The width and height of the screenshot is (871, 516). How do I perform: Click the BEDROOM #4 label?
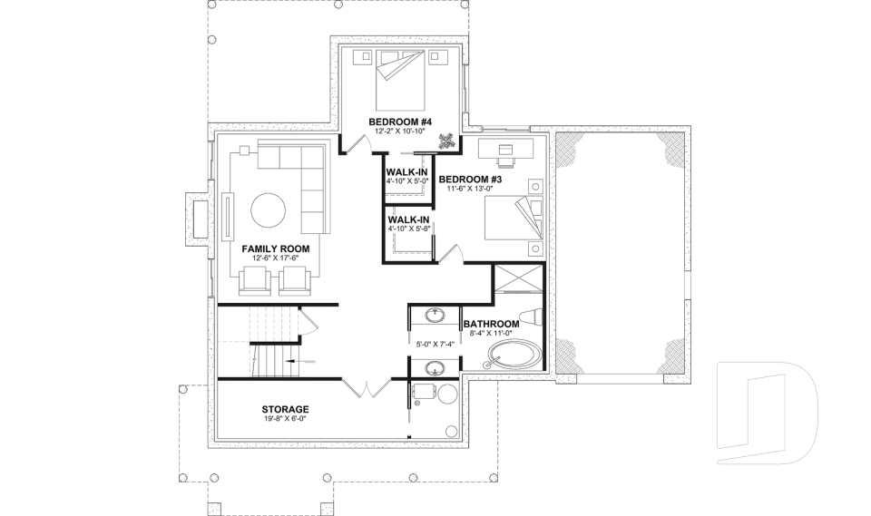point(399,122)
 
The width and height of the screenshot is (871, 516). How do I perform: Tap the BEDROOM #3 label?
point(470,180)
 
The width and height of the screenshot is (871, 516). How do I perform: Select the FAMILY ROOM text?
point(276,248)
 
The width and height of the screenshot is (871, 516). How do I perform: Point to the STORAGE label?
point(286,409)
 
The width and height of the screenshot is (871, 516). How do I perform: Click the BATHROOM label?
point(491,324)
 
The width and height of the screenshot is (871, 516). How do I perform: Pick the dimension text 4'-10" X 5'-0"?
point(407,181)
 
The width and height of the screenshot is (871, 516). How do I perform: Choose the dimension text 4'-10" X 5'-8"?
point(407,229)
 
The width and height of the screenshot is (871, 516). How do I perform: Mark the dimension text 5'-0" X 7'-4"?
point(435,345)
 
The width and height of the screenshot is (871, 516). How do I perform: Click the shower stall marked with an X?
point(518,279)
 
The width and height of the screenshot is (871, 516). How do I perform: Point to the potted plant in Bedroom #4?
point(446,141)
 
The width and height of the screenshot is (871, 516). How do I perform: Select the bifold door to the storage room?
point(367,389)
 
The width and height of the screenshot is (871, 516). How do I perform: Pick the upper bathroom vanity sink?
point(436,316)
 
